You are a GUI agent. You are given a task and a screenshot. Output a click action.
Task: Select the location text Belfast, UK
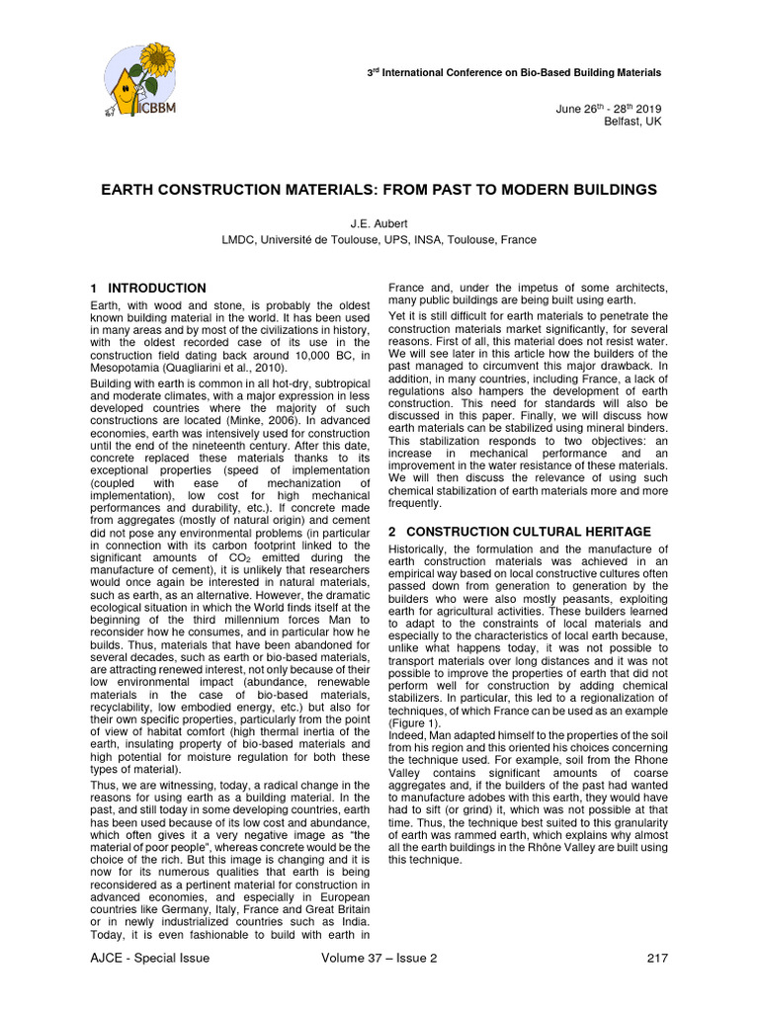click(x=632, y=122)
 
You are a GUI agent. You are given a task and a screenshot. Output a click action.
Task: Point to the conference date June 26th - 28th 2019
click(x=610, y=108)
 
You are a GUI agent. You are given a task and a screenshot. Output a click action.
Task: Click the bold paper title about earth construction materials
click(x=379, y=189)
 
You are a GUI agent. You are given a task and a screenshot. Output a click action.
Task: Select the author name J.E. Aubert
click(x=379, y=224)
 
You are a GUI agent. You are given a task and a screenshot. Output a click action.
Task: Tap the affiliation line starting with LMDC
click(x=379, y=240)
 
